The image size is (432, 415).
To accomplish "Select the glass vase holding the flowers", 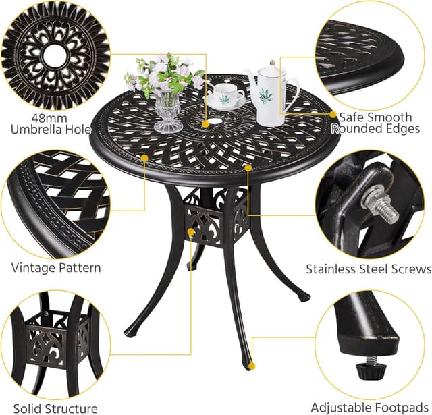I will pyautogui.click(x=168, y=111).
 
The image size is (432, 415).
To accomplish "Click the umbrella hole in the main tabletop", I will pyautogui.click(x=221, y=124).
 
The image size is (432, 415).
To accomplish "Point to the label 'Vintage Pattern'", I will pyautogui.click(x=56, y=268).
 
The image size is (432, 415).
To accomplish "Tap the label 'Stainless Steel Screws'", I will pyautogui.click(x=368, y=269).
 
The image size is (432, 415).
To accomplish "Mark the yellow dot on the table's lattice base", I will pyautogui.click(x=192, y=232).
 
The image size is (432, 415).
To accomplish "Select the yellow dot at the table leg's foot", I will pyautogui.click(x=252, y=366).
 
